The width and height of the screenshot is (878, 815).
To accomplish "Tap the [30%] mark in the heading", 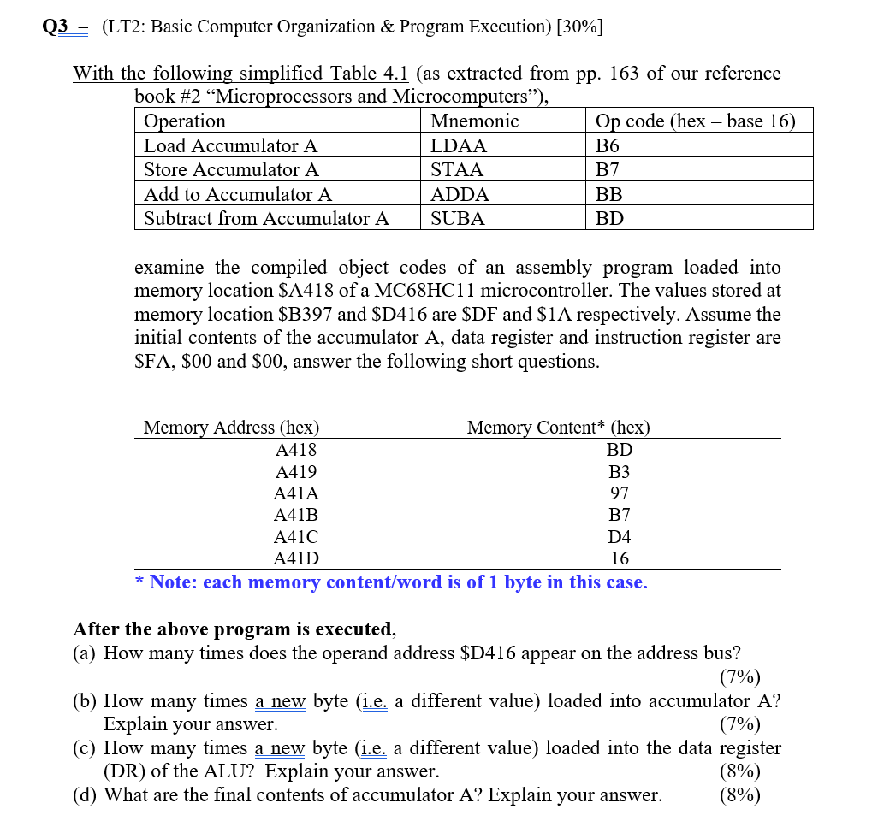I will tap(578, 27).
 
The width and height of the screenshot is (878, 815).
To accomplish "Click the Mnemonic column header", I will tap(474, 121).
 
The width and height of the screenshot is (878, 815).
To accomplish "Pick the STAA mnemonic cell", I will tap(457, 170).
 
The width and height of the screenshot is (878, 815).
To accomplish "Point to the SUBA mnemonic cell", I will tap(458, 219).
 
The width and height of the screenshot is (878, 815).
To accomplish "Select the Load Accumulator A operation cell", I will tap(230, 145).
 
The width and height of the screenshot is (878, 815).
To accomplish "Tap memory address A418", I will tap(296, 450).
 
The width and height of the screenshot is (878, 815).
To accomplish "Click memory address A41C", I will tap(296, 537).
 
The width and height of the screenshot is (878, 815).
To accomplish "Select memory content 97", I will tap(620, 493).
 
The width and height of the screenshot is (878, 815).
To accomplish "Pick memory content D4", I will tap(620, 537).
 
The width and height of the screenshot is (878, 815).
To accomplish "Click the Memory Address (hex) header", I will tap(231, 428).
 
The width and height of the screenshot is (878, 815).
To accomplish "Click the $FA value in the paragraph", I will tap(150, 362).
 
